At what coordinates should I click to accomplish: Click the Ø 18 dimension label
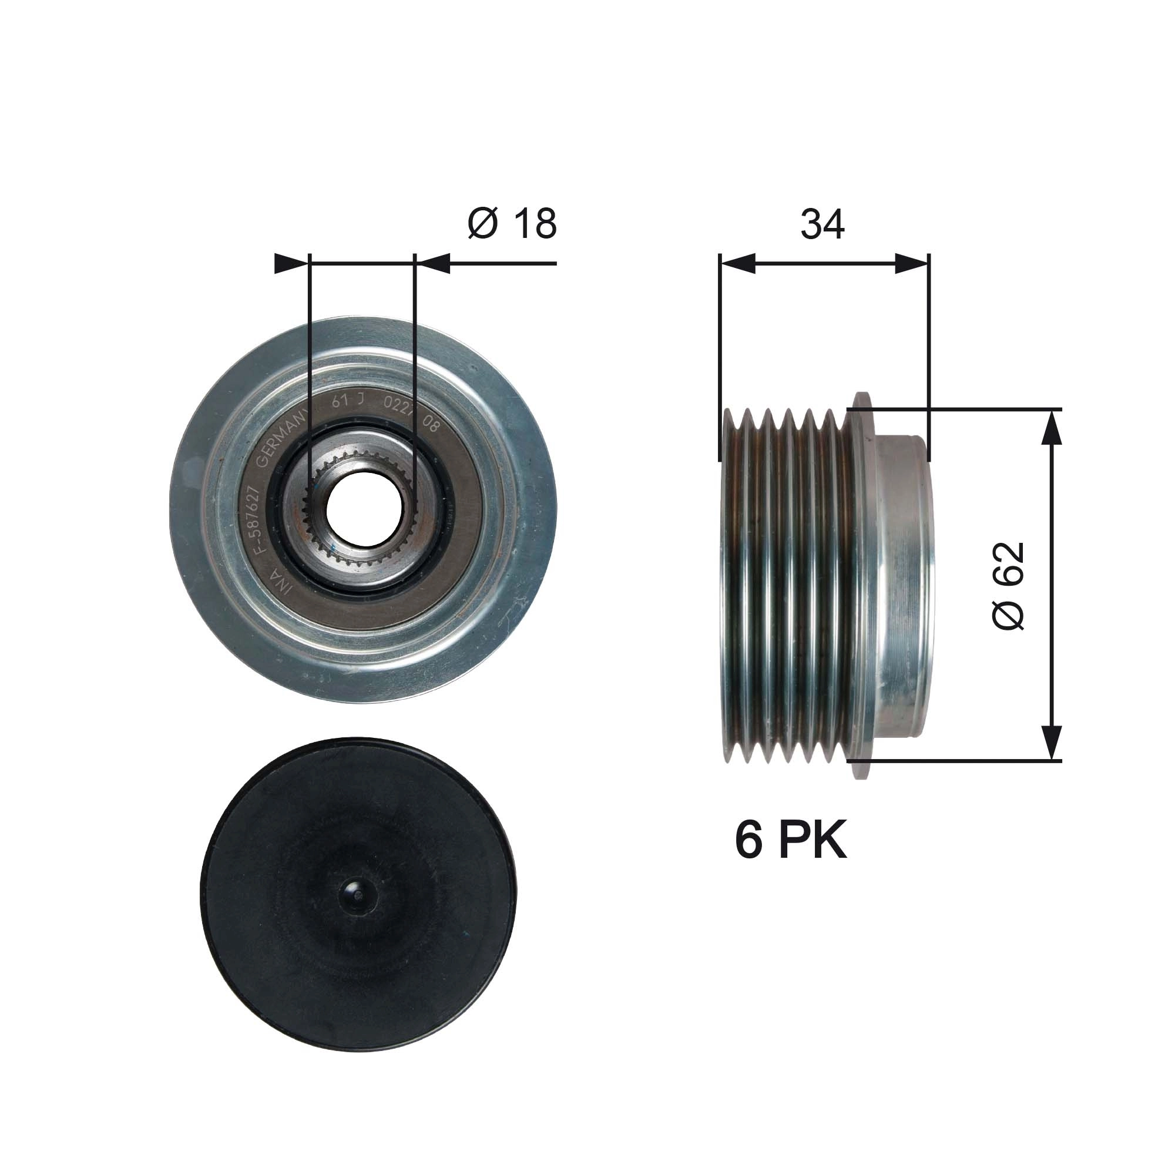pos(512,224)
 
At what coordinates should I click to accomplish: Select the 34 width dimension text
pos(822,224)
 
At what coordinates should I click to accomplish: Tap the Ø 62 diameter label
pos(1008,585)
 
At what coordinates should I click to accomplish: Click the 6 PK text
pos(791,841)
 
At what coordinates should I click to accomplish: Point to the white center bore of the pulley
pos(364,508)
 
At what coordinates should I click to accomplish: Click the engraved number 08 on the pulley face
pos(430,424)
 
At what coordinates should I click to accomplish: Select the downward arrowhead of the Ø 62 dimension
pos(1052,742)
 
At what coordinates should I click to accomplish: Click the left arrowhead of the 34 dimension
pos(737,264)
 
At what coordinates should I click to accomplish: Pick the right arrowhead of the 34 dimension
pos(912,264)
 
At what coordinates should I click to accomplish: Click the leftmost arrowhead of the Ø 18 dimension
pos(291,264)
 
